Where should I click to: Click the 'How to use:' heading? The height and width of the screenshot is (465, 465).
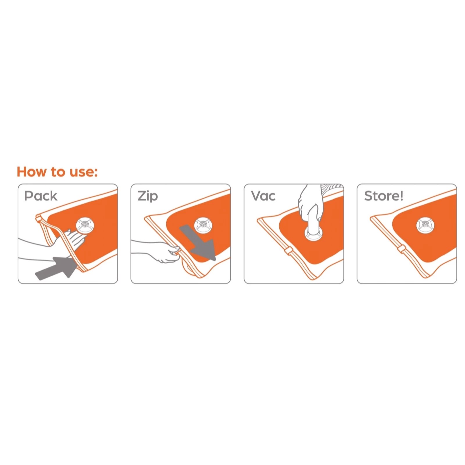[x=57, y=171]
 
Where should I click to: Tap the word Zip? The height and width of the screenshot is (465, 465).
[x=148, y=196]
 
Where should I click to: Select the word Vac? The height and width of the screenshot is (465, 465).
[x=263, y=196]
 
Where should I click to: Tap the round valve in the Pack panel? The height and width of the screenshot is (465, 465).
[x=85, y=225]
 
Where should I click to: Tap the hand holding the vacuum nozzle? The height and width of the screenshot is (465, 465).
[x=310, y=203]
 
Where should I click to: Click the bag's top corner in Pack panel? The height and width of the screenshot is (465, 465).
[x=38, y=218]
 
